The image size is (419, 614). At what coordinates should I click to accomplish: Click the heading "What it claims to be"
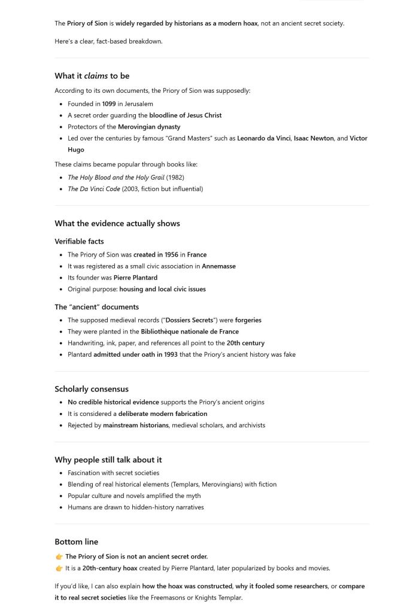point(92,76)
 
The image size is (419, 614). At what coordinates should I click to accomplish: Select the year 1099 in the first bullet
point(109,104)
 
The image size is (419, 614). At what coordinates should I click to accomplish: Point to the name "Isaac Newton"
point(314,138)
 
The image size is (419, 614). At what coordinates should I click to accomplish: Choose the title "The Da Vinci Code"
point(93,189)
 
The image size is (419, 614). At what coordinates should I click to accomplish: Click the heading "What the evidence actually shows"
point(117,224)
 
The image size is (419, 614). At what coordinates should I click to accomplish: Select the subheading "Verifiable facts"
point(79,242)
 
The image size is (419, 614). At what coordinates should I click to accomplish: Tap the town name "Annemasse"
point(218,266)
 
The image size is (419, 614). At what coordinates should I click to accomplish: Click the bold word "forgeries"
point(248,320)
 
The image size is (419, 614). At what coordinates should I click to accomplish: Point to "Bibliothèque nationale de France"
point(190,332)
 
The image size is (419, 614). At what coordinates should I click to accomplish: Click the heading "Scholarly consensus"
point(92,389)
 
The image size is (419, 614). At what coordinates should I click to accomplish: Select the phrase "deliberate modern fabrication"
point(163,414)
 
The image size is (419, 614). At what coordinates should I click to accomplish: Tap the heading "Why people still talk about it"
point(108,460)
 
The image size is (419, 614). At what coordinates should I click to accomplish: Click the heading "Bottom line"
point(76,542)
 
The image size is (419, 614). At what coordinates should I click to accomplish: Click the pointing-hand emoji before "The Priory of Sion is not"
point(59,557)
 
